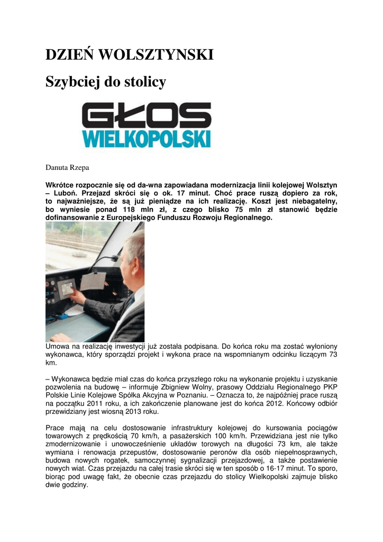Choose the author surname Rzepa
(x=77, y=168)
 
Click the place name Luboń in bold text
(x=64, y=193)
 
